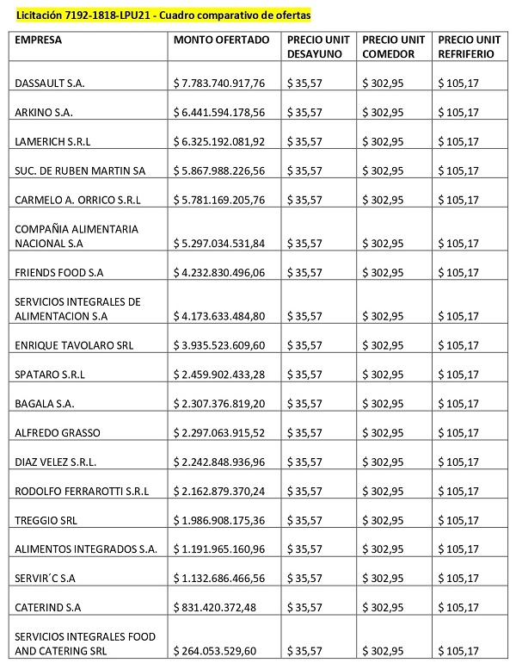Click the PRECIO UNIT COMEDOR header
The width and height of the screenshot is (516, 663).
(x=394, y=47)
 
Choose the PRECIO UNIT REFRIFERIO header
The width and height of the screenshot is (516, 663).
(x=470, y=47)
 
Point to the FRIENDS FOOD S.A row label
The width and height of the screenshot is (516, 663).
(x=59, y=273)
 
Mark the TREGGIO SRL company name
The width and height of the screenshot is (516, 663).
(x=46, y=521)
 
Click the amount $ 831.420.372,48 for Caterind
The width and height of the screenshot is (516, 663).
(x=214, y=609)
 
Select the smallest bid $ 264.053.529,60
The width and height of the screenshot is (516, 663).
(x=214, y=651)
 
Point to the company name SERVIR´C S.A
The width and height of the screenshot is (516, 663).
(x=46, y=579)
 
